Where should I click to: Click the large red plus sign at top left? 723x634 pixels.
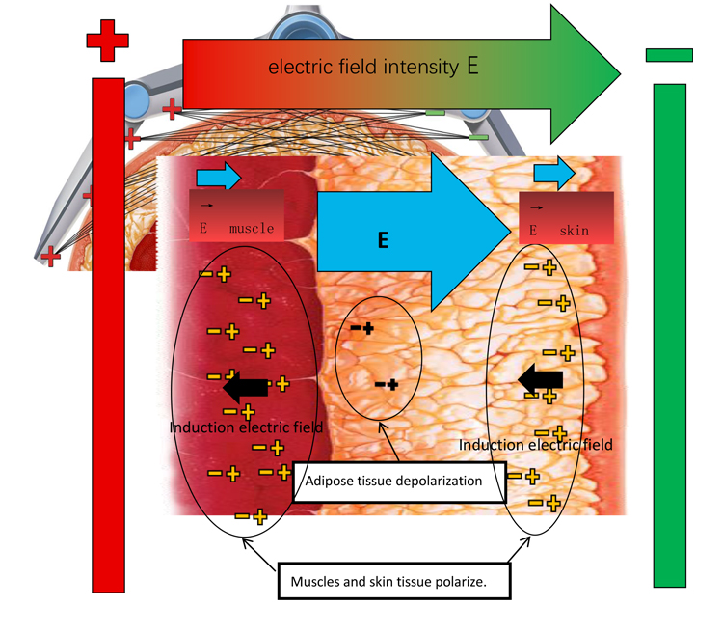pos(107,41)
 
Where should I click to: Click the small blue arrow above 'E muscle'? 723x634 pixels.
pos(218,177)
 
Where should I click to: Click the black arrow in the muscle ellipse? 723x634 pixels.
pos(246,387)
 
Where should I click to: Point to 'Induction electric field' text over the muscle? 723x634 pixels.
pos(246,427)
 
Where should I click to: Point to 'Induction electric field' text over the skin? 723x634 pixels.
pos(536,445)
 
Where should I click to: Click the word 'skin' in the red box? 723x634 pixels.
pos(574,231)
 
